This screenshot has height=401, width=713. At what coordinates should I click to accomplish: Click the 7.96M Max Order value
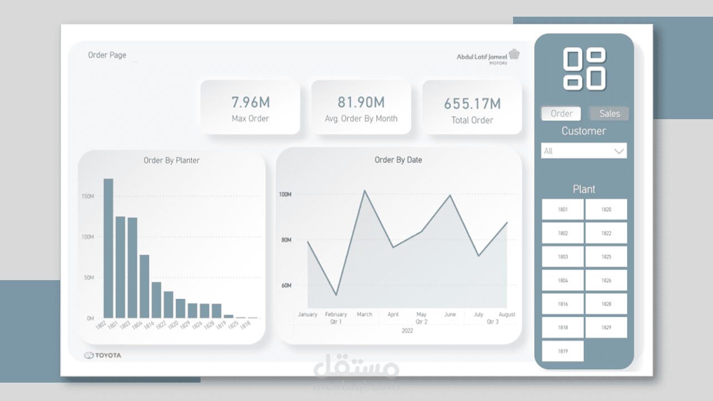pyautogui.click(x=250, y=102)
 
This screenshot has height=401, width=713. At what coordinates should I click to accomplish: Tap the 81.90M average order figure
pyautogui.click(x=361, y=102)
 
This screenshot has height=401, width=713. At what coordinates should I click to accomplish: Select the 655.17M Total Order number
pyautogui.click(x=472, y=104)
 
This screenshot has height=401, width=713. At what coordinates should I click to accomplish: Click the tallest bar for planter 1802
pyautogui.click(x=108, y=248)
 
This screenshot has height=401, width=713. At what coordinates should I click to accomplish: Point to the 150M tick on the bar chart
pyautogui.click(x=87, y=197)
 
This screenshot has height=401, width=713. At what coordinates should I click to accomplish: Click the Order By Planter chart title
pyautogui.click(x=172, y=160)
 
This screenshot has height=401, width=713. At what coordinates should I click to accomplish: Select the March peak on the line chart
pyautogui.click(x=364, y=191)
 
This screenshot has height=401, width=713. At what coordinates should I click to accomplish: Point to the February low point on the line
pyautogui.click(x=336, y=295)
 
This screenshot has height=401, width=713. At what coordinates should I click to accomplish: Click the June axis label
pyautogui.click(x=450, y=315)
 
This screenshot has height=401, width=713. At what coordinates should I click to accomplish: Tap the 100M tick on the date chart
pyautogui.click(x=285, y=194)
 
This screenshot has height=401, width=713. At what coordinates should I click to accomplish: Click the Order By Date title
pyautogui.click(x=398, y=160)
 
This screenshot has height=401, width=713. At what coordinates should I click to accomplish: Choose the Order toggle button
pyautogui.click(x=561, y=114)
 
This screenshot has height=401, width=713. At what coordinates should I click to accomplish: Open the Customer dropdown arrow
pyautogui.click(x=619, y=151)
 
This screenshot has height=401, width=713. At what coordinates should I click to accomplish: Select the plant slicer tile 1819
pyautogui.click(x=563, y=351)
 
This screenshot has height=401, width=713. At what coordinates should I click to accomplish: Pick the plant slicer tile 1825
pyautogui.click(x=606, y=257)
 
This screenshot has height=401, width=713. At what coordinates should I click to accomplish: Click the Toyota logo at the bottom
pyautogui.click(x=102, y=355)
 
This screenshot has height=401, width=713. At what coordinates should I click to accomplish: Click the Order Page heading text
pyautogui.click(x=107, y=55)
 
